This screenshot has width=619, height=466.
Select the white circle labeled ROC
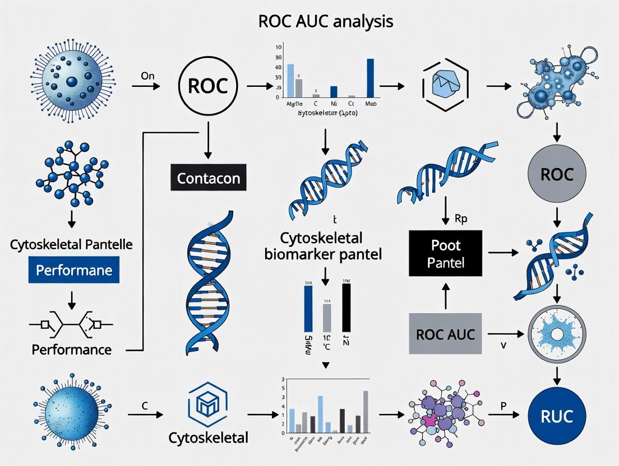coord(208,86)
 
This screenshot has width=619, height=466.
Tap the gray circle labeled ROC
coord(557,175)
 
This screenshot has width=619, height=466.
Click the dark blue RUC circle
coord(557,416)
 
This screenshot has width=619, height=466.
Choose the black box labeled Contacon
coord(208,179)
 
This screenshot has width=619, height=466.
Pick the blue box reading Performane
coord(74,270)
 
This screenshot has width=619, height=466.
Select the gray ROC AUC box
coord(446,334)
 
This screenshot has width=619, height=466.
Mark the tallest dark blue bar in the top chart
coord(370,78)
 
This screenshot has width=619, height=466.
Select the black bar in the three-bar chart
coord(346,307)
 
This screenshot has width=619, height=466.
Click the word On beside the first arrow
coord(147,76)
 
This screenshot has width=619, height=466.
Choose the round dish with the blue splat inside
coord(557,335)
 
